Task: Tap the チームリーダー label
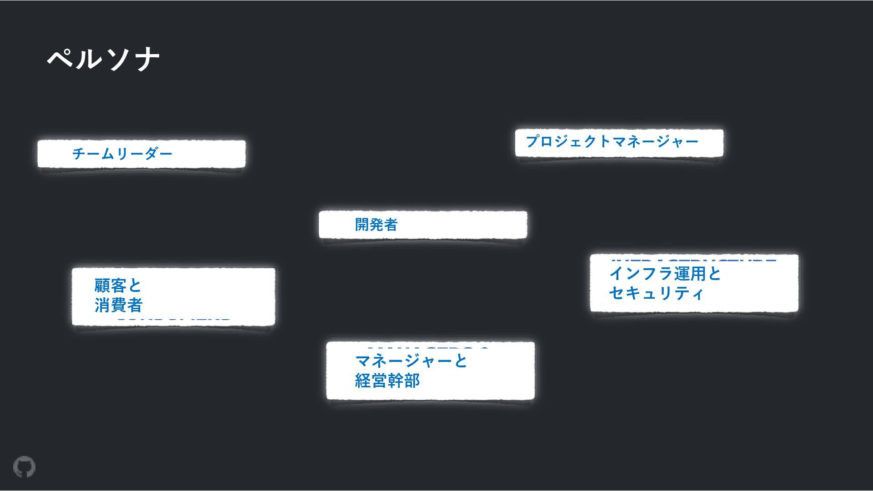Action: click(x=122, y=154)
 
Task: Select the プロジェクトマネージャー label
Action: click(x=612, y=141)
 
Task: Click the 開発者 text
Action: click(x=376, y=225)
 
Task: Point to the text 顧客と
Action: click(x=118, y=286)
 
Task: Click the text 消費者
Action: click(x=118, y=305)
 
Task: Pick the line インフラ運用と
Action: click(x=665, y=274)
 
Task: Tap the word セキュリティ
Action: click(x=656, y=293)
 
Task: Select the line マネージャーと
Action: click(x=411, y=361)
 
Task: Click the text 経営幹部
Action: click(x=387, y=381)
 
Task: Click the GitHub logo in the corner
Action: click(x=24, y=467)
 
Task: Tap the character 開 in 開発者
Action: click(x=362, y=225)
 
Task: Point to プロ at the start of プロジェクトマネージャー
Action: click(x=540, y=141)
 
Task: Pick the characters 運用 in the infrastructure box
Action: click(x=690, y=274)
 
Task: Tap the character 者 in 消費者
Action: click(x=135, y=305)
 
